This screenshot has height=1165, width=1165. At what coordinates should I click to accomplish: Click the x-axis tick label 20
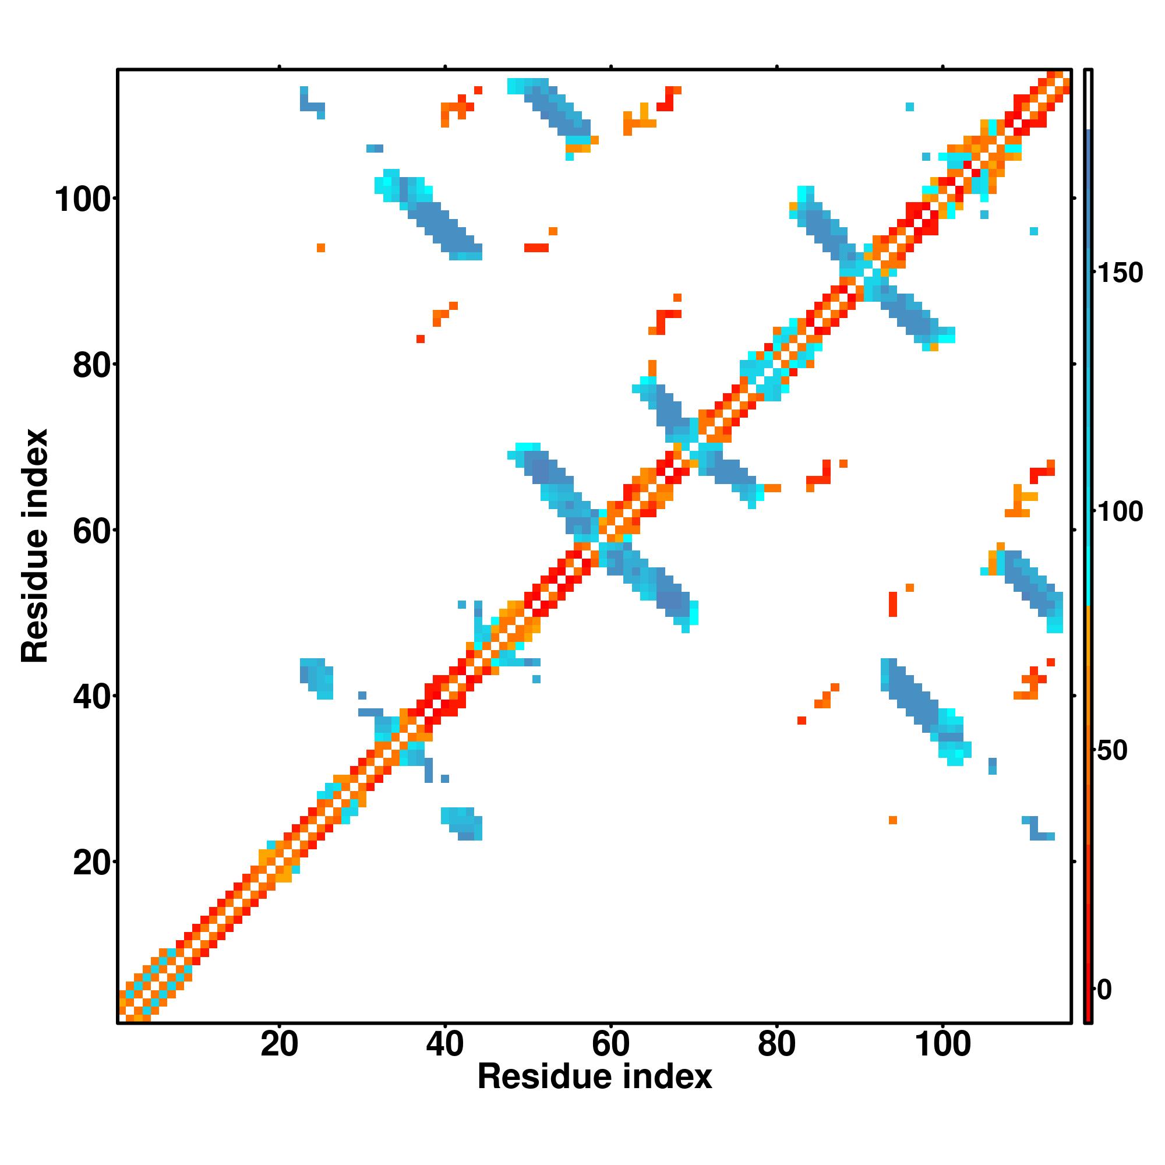coord(279,1045)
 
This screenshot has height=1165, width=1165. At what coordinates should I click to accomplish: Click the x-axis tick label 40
coord(445,1045)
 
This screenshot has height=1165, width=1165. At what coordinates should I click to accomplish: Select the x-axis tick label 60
coord(611,1045)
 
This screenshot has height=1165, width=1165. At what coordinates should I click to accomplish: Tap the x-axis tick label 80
coord(776,1045)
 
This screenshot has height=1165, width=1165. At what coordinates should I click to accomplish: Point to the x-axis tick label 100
coord(943,1045)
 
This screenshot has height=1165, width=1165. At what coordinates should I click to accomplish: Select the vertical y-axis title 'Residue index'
coord(35,546)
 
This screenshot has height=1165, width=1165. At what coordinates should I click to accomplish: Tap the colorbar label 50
coord(1113,751)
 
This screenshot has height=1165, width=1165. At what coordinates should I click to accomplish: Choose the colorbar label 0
coord(1104,990)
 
